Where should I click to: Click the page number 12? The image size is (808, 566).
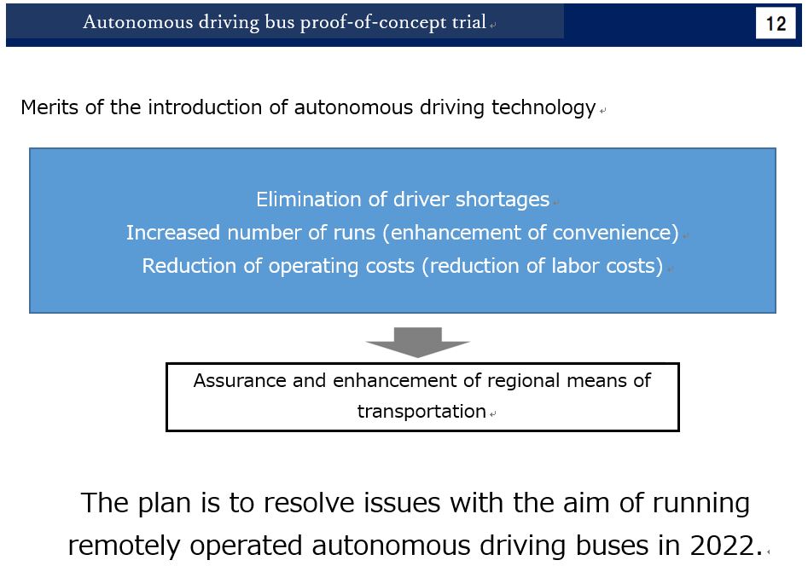click(x=776, y=24)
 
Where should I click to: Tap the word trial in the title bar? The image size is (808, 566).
click(x=469, y=21)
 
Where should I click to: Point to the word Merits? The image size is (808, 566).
click(x=49, y=107)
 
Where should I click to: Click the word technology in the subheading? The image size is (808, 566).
click(x=544, y=108)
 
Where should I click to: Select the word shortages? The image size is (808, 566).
click(x=503, y=199)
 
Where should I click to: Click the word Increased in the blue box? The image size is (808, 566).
click(x=173, y=233)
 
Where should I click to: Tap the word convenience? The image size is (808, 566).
click(x=612, y=233)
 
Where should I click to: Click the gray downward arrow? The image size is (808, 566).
click(x=417, y=342)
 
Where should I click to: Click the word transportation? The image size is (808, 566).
click(x=421, y=412)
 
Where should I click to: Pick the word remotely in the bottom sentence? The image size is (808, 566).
click(x=125, y=546)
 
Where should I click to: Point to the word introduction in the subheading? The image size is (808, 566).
click(x=205, y=107)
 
